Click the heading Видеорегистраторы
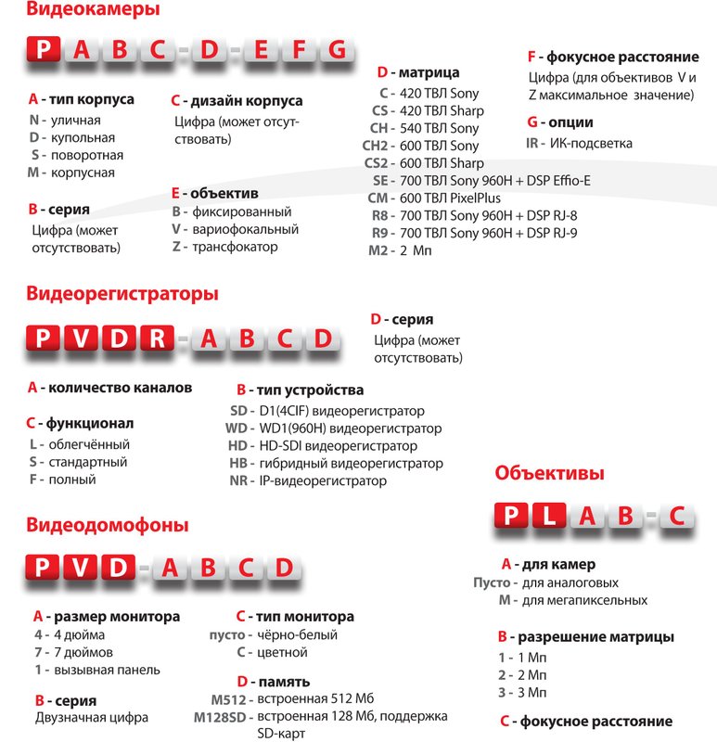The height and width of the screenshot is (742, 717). click(122, 294)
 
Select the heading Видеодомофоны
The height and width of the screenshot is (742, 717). click(108, 525)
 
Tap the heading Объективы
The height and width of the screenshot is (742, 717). click(550, 473)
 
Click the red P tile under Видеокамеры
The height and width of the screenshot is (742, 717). click(45, 50)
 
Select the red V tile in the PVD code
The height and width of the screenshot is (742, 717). click(81, 568)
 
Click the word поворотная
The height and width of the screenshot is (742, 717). click(87, 155)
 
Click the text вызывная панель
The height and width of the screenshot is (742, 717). click(107, 670)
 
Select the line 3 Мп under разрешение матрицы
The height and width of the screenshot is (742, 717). click(522, 692)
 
